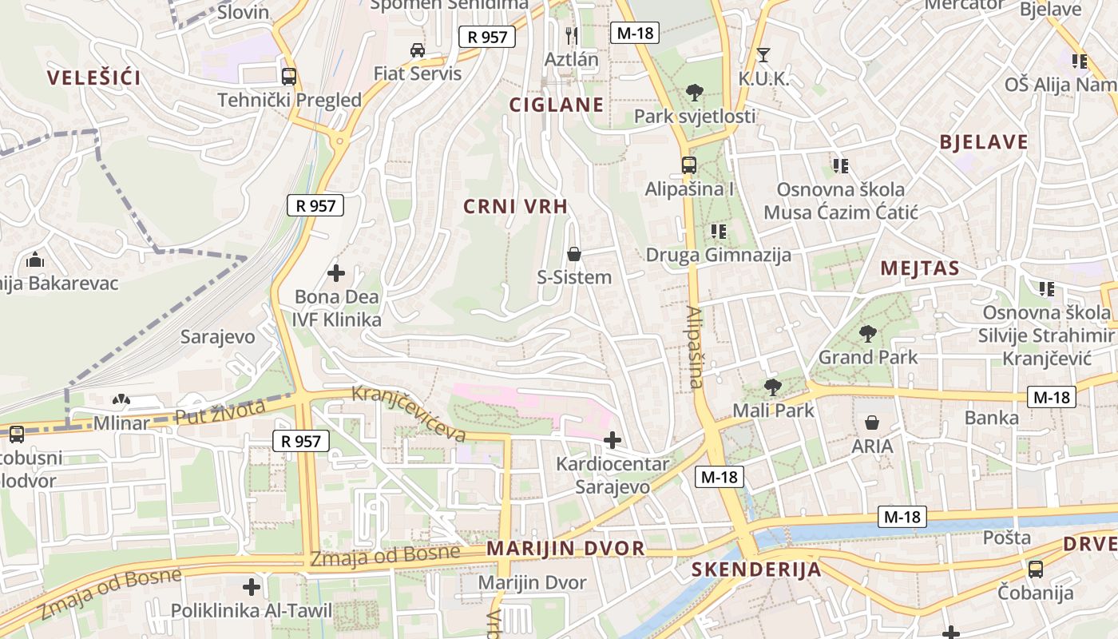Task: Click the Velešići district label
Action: (93, 77)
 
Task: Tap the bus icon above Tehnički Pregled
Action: (289, 77)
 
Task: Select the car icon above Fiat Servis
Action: (418, 50)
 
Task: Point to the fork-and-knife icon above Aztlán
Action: (571, 35)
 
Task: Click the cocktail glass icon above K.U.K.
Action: (763, 55)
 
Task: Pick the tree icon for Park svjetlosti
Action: (695, 93)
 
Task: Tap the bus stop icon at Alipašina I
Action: (688, 165)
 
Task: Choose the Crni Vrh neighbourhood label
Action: (516, 206)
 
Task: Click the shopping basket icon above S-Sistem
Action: (573, 254)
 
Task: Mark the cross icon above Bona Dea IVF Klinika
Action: (336, 273)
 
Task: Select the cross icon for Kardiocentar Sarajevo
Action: (613, 439)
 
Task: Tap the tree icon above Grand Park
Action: (868, 334)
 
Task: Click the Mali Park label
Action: (773, 410)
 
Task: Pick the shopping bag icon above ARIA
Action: (872, 423)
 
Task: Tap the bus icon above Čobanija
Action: (1035, 570)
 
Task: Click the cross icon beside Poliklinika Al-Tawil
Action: (252, 587)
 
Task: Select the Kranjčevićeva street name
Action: (409, 413)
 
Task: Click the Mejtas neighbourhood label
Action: (919, 268)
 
